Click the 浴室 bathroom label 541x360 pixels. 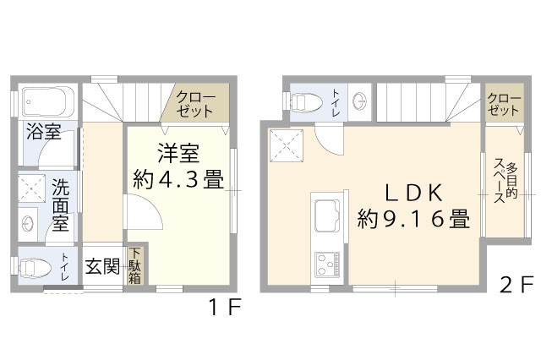click(x=42, y=132)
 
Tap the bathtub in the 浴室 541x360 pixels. click(x=46, y=103)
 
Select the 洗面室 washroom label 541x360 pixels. click(x=60, y=205)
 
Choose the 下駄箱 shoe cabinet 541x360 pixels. click(x=135, y=266)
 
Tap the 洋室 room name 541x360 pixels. click(x=178, y=154)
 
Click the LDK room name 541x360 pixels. click(x=413, y=192)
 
